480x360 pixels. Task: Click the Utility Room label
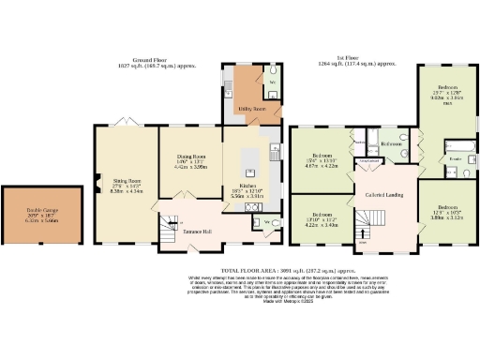(x=244, y=110)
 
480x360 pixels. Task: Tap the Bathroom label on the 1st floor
(x=392, y=144)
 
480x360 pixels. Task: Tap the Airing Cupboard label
(x=368, y=160)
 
